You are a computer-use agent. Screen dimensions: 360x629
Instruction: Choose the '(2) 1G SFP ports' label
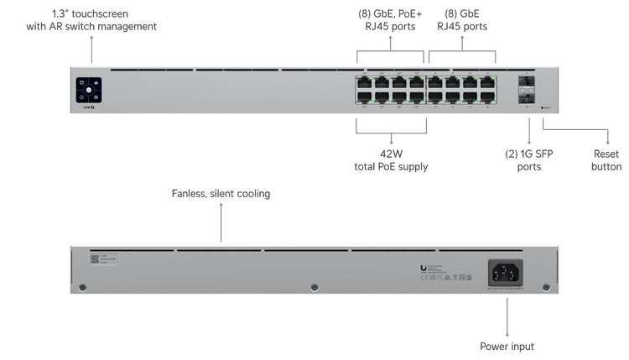click(527, 160)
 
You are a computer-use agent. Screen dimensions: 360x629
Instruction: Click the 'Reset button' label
click(606, 160)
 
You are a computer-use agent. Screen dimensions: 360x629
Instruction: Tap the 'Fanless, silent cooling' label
click(221, 194)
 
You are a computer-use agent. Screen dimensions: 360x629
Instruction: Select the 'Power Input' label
click(507, 346)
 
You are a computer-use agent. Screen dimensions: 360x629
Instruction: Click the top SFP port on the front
click(526, 82)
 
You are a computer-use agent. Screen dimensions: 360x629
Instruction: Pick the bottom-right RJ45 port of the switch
click(487, 97)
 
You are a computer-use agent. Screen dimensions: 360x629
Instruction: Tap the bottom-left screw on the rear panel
click(81, 287)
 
